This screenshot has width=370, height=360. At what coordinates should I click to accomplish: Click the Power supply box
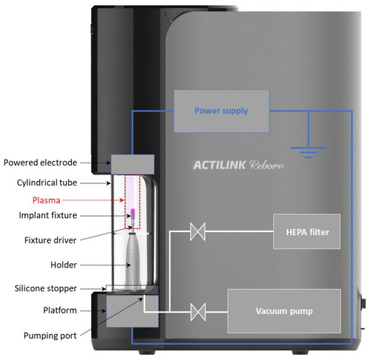click(221, 111)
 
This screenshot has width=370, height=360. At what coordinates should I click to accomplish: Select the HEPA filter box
click(307, 231)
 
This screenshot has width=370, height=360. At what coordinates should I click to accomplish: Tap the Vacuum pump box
click(284, 311)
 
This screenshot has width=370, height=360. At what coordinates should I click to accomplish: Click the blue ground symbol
click(309, 152)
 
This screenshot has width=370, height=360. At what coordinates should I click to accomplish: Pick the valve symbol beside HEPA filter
click(198, 231)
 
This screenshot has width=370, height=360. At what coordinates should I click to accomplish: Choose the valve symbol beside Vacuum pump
click(198, 312)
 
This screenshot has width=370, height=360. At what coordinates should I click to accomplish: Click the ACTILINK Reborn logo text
click(238, 165)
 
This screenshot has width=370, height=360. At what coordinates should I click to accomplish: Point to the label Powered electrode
click(40, 163)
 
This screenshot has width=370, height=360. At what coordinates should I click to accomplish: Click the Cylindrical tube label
click(47, 183)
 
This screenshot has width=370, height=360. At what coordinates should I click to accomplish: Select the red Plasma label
click(47, 200)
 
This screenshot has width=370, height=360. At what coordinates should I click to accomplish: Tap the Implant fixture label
click(48, 215)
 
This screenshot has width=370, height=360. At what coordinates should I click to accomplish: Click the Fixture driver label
click(50, 240)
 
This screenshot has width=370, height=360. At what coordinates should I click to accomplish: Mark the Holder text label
click(64, 265)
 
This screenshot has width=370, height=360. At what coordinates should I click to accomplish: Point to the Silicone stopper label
click(46, 288)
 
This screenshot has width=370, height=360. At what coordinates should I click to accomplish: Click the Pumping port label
click(50, 336)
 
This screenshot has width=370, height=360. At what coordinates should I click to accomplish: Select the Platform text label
click(60, 310)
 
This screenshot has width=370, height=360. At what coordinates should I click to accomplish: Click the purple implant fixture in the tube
click(132, 214)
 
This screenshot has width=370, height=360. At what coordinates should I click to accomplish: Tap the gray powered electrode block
click(132, 164)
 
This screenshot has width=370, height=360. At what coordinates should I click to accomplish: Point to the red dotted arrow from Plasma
click(93, 200)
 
